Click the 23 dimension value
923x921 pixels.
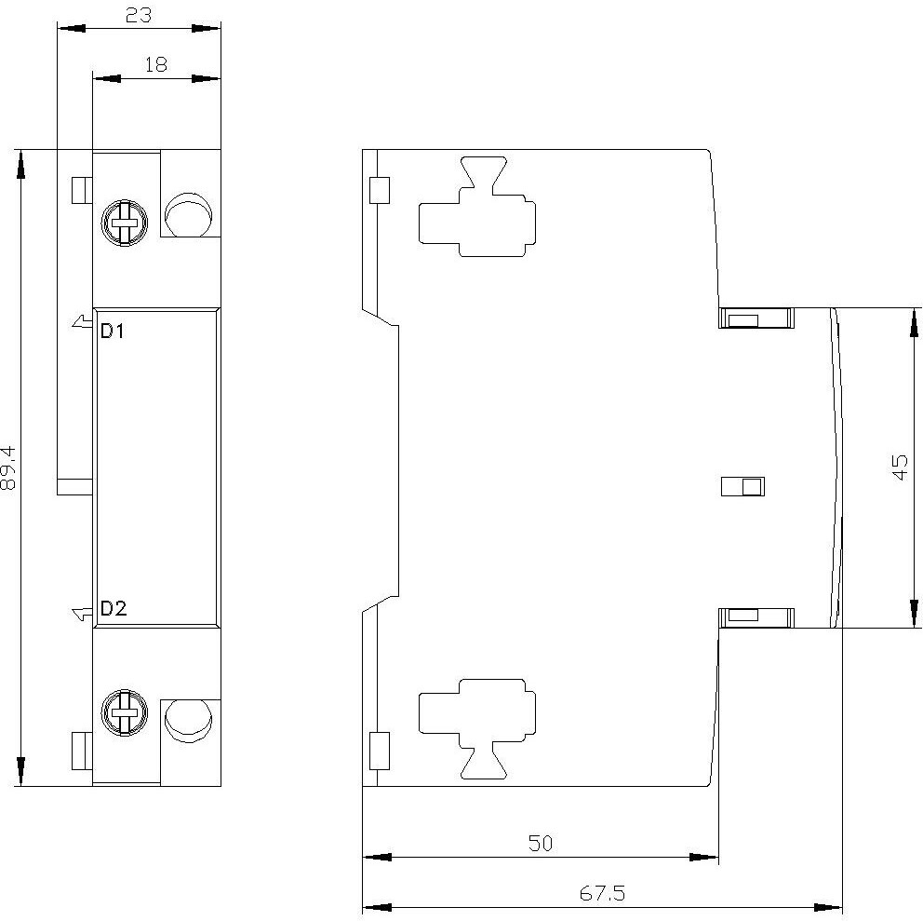139,15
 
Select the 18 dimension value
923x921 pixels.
156,64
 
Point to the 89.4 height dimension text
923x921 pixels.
8,467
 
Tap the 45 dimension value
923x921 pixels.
900,467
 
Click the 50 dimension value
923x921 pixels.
541,843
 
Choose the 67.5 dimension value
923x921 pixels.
602,893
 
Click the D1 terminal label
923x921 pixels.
113,332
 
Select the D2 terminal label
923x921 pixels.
114,608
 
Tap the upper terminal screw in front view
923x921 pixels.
124,223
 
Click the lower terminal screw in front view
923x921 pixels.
124,712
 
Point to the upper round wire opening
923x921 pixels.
188,213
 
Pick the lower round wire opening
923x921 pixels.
188,721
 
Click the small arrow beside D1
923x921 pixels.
83,321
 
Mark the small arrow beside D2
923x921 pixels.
83,614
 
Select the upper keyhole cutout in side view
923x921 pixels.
477,207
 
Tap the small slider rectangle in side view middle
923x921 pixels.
742,487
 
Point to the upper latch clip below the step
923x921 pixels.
756,318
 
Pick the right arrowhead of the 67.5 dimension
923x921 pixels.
828,907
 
